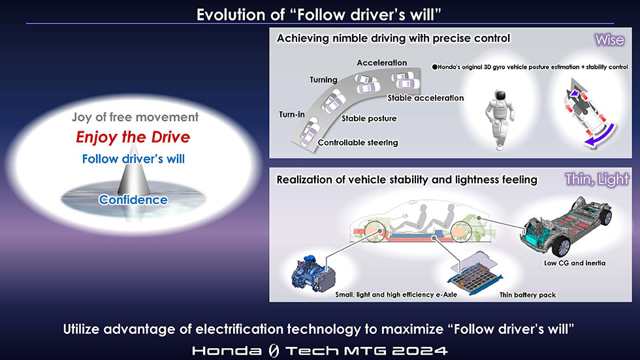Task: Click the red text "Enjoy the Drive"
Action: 133,137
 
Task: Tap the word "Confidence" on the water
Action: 133,199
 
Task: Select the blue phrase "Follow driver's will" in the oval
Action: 133,159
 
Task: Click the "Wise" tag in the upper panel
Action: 609,40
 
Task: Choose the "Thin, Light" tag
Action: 597,179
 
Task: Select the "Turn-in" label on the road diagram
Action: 292,115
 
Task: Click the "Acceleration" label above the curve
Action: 381,63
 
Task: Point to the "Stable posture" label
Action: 369,118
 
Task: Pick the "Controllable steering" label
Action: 358,142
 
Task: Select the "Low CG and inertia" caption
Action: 575,263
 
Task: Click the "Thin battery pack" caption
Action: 528,295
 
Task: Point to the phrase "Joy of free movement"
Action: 135,117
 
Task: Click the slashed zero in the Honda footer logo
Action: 274,351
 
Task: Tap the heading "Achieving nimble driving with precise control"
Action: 393,39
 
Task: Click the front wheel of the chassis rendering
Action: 562,246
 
